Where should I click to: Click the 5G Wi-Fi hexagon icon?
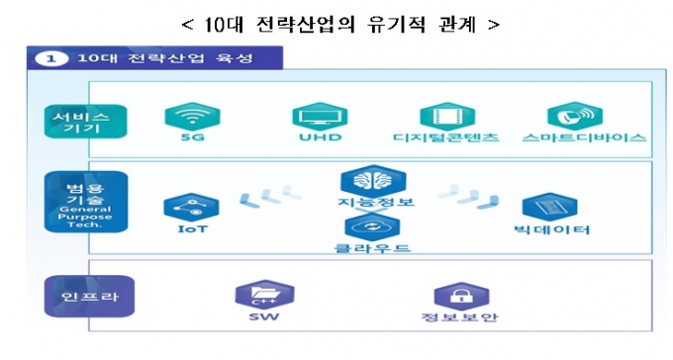tap(192, 116)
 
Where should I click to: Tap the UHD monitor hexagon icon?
tap(320, 116)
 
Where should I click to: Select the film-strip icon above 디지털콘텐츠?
tap(447, 116)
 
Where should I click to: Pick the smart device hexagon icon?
tap(575, 116)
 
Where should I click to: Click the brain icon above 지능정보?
tap(373, 180)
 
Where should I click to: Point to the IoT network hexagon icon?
tap(191, 208)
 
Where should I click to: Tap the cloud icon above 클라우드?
tap(372, 226)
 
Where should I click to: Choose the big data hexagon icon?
tap(550, 208)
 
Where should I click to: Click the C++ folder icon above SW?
tap(265, 295)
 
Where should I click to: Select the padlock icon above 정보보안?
tap(461, 296)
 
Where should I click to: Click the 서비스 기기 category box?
tap(85, 122)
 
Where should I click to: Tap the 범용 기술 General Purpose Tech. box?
tap(86, 202)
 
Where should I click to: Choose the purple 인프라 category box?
tap(89, 296)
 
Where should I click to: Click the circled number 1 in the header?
tap(51, 58)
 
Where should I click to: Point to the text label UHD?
tap(321, 137)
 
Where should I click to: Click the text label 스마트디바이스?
tap(584, 137)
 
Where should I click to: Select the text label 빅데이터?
tap(552, 229)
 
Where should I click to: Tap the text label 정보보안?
tap(459, 317)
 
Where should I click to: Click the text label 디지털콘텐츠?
tap(446, 137)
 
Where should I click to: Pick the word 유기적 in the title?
tap(396, 25)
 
